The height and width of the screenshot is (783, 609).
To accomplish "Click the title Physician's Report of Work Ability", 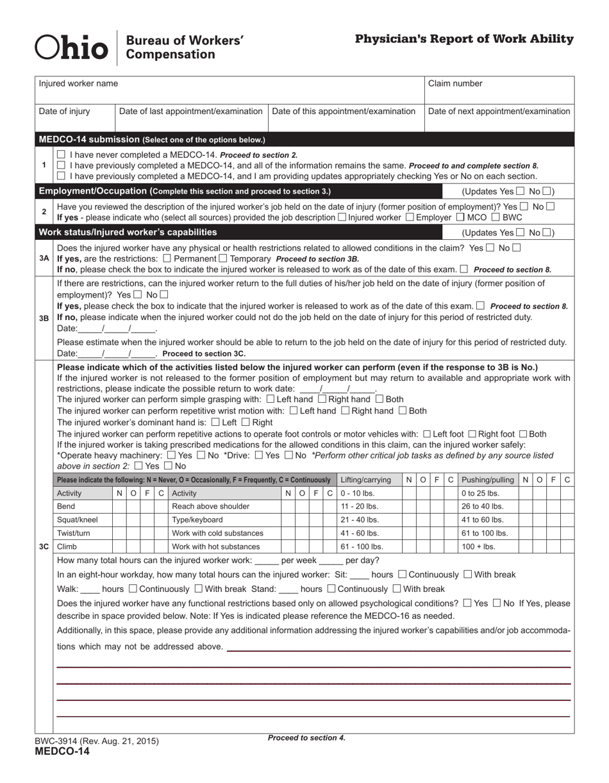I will [464, 39].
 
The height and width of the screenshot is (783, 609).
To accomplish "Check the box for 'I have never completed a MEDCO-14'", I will [61, 155].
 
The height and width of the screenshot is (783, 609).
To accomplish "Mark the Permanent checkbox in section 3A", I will [167, 258].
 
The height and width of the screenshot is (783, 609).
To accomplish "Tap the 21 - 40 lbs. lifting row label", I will [360, 519].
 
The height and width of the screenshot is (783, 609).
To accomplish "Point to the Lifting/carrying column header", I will [366, 480].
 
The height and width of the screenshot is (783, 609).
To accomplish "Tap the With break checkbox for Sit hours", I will [467, 575].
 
